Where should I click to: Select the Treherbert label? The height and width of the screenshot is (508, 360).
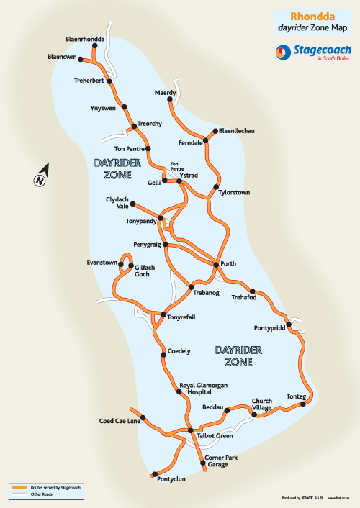89,81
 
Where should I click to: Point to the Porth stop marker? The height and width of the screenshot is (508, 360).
216,265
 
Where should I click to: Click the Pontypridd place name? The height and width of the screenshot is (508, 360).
270,328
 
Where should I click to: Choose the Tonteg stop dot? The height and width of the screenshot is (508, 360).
303,404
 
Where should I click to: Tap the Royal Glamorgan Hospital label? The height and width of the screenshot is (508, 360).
195,389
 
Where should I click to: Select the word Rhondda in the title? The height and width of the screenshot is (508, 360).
310,14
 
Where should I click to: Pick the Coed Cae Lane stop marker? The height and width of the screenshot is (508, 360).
143,417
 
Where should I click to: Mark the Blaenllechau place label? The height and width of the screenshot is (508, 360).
236,132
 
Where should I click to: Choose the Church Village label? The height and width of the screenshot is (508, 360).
260,403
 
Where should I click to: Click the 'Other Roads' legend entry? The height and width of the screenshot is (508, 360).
40,494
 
